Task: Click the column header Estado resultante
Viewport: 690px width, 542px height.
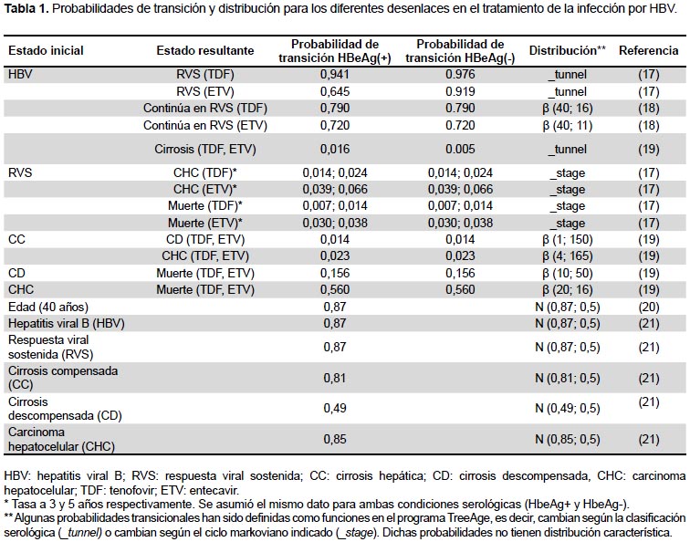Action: [x=205, y=50]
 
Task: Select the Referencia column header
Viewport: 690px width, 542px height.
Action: [x=649, y=50]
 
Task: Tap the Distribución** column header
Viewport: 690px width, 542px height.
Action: [x=567, y=50]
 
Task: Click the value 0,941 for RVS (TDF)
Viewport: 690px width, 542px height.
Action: [x=335, y=74]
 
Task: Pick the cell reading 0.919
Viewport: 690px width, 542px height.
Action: [x=460, y=91]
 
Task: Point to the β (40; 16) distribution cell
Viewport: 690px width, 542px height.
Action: [x=567, y=109]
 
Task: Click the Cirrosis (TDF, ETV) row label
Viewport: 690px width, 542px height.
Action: [x=205, y=149]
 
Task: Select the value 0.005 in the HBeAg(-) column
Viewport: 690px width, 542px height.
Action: [x=460, y=149]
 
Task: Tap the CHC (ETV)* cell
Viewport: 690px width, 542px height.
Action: [x=205, y=189]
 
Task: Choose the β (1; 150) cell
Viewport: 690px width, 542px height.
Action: [x=567, y=240]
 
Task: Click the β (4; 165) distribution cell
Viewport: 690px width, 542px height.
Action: [x=567, y=256]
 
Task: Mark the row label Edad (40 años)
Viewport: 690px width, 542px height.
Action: [x=48, y=307]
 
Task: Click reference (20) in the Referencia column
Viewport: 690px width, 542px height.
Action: [x=649, y=307]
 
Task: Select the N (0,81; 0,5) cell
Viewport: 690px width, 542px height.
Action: [x=567, y=378]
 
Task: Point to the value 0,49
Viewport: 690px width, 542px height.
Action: [x=335, y=408]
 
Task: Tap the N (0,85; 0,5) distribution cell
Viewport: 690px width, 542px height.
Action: [x=567, y=439]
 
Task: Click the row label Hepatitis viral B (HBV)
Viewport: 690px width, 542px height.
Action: [x=67, y=323]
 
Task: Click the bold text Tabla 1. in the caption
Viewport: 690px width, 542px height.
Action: [x=26, y=9]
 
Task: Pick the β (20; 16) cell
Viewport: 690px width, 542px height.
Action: [x=567, y=290]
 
